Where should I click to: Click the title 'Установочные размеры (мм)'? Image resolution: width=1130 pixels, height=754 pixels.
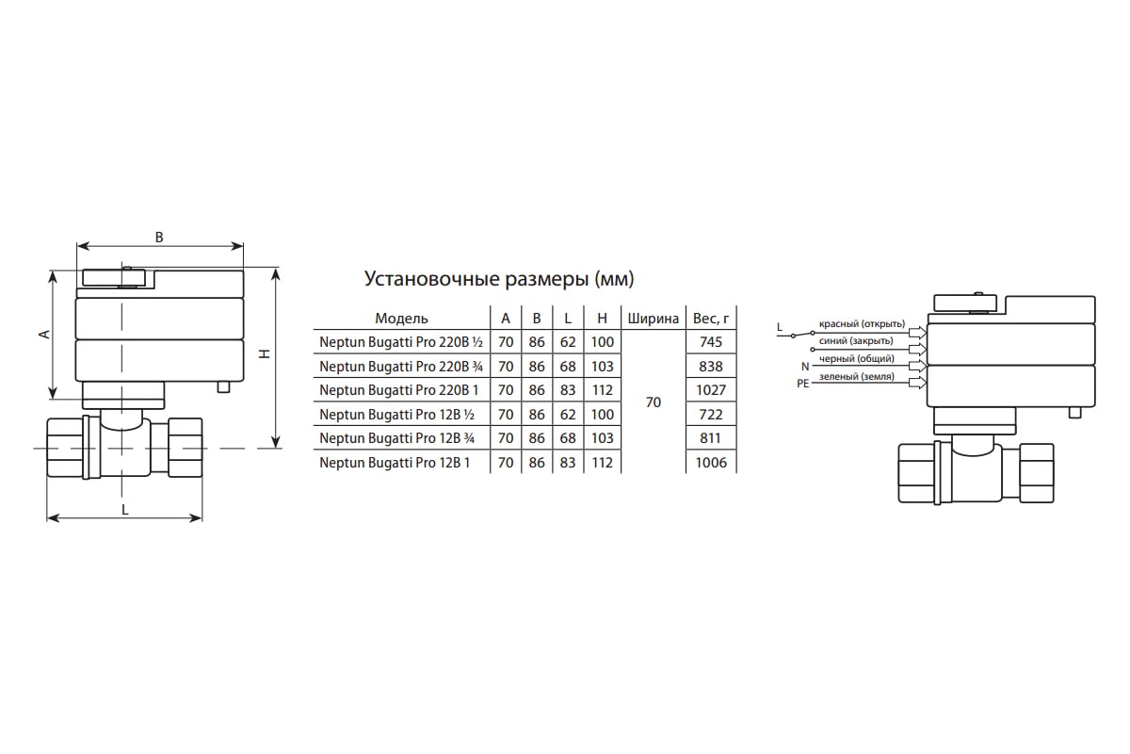pyautogui.click(x=499, y=280)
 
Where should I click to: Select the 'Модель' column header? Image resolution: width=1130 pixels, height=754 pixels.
pyautogui.click(x=401, y=319)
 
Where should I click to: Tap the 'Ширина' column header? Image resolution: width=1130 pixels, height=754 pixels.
pyautogui.click(x=653, y=319)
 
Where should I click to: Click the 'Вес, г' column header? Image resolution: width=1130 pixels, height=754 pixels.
pyautogui.click(x=711, y=319)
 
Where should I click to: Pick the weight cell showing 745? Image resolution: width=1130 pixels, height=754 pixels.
pyautogui.click(x=711, y=342)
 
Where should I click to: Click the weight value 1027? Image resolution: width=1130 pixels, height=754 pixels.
pyautogui.click(x=711, y=390)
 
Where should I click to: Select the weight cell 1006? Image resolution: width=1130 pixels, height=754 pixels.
pyautogui.click(x=711, y=463)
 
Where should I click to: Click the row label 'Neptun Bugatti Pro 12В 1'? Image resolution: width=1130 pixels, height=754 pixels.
pyautogui.click(x=395, y=463)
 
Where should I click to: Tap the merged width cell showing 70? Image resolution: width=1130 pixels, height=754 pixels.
pyautogui.click(x=653, y=402)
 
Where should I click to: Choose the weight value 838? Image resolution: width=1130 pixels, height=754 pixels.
pyautogui.click(x=711, y=367)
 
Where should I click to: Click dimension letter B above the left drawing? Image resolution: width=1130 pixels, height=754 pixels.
pyautogui.click(x=159, y=238)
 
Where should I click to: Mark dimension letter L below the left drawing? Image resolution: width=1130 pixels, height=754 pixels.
pyautogui.click(x=125, y=509)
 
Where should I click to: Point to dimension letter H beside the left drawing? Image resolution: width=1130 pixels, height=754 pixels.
pyautogui.click(x=265, y=354)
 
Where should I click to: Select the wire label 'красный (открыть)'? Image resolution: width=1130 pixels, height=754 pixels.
pyautogui.click(x=862, y=324)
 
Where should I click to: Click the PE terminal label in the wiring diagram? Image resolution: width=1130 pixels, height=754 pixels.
pyautogui.click(x=802, y=385)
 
